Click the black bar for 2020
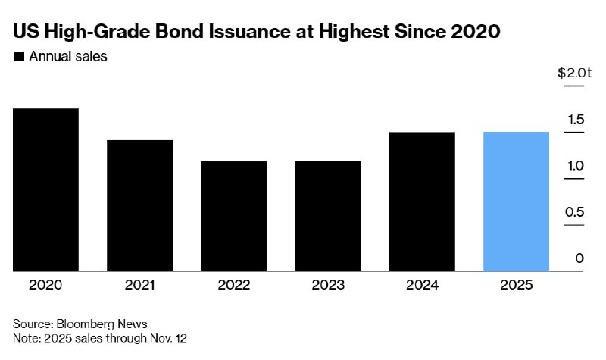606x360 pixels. click(x=45, y=189)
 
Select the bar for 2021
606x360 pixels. click(x=139, y=205)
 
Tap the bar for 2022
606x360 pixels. click(x=233, y=216)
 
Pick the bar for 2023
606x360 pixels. click(x=328, y=216)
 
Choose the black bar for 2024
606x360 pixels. click(x=422, y=202)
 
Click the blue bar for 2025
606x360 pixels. click(x=516, y=202)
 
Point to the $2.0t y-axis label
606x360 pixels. click(x=573, y=74)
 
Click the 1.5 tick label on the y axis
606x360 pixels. click(x=575, y=120)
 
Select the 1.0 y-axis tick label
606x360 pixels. click(x=575, y=166)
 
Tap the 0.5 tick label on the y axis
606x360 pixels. click(x=575, y=212)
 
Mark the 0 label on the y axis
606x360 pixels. click(x=579, y=258)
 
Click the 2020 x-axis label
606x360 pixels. click(x=45, y=286)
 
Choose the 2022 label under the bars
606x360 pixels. click(x=233, y=286)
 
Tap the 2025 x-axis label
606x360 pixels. click(x=516, y=286)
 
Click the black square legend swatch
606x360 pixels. click(x=19, y=57)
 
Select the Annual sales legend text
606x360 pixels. click(x=68, y=57)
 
